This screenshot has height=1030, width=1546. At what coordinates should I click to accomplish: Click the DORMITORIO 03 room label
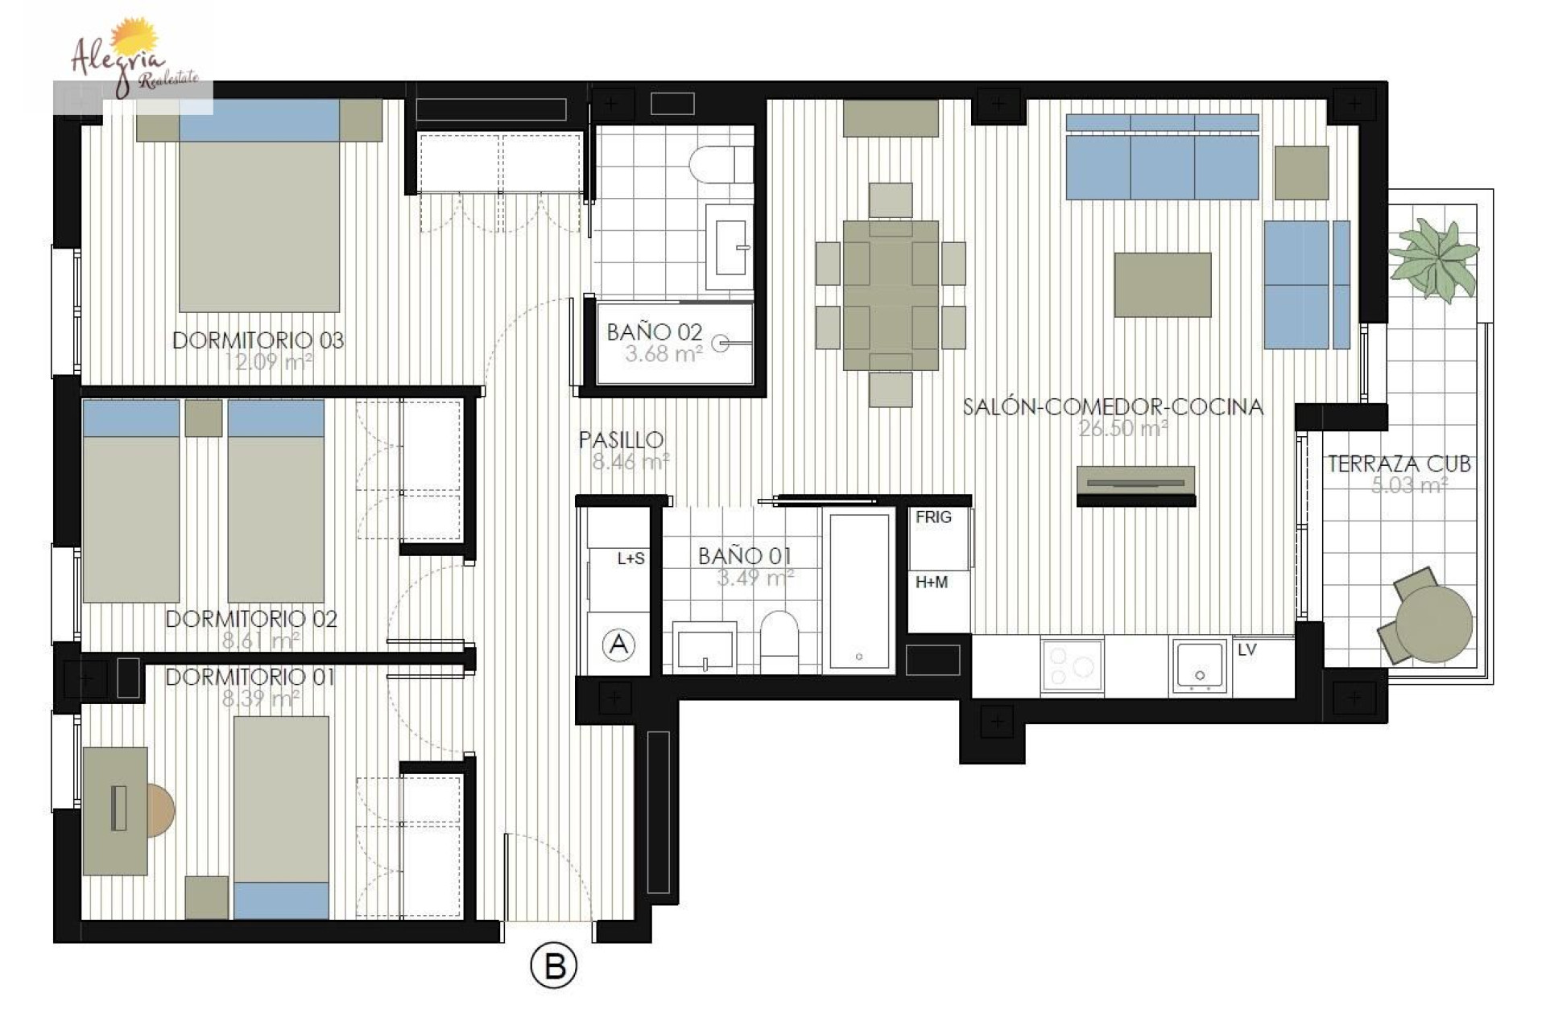[x=258, y=340]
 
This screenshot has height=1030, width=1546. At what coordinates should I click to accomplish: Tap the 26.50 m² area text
[x=1122, y=428]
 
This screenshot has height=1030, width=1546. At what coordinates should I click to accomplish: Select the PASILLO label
[x=621, y=439]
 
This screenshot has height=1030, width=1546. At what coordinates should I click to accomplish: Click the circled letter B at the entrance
[x=554, y=966]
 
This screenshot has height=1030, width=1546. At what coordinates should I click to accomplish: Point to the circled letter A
[x=618, y=644]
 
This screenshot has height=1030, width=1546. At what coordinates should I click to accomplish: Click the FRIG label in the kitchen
[x=933, y=517]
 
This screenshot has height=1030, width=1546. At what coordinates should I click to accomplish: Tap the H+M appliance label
[x=932, y=582]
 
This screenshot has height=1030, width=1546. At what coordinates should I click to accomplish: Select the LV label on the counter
[x=1246, y=649]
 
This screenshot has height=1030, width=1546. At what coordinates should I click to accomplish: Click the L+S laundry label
[x=630, y=558]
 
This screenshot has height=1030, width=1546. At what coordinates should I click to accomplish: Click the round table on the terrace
[x=1433, y=624]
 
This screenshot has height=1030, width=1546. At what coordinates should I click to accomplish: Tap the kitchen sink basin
[x=1200, y=666]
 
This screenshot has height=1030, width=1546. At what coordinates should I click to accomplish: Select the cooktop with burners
[x=1072, y=666]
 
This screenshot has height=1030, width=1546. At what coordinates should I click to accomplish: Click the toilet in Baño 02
[x=721, y=165]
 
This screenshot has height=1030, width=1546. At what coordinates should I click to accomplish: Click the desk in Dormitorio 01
[x=115, y=810]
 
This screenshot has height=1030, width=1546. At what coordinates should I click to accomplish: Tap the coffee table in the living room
[x=1162, y=285]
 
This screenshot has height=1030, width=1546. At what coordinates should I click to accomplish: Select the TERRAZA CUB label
[x=1399, y=463]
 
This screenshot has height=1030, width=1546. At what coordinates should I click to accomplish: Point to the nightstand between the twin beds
[x=203, y=418]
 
